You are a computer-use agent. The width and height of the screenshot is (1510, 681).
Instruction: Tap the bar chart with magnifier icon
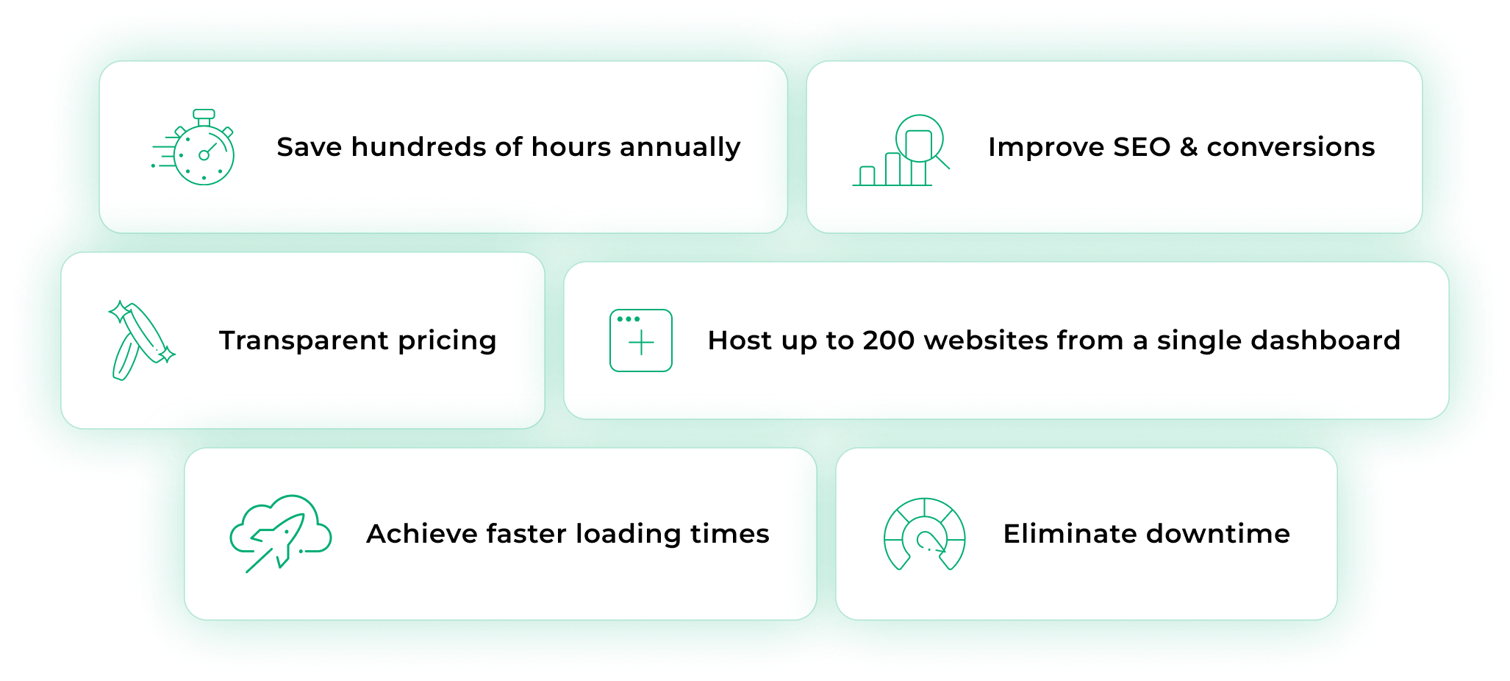pyautogui.click(x=901, y=151)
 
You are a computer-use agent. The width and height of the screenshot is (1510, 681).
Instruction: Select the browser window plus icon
pyautogui.click(x=641, y=340)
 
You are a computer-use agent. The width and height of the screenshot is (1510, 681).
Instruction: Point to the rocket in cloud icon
pyautogui.click(x=281, y=534)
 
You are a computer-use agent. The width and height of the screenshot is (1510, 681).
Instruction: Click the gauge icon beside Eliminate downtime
pyautogui.click(x=924, y=534)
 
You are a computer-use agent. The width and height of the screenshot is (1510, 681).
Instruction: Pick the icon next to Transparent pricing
pyautogui.click(x=142, y=340)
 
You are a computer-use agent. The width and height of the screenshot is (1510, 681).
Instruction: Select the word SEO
pyautogui.click(x=1142, y=147)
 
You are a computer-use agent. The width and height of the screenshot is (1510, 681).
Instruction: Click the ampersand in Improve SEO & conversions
pyautogui.click(x=1189, y=147)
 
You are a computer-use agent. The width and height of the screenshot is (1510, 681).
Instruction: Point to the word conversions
pyautogui.click(x=1291, y=148)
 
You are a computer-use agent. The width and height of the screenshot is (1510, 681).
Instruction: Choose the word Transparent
pyautogui.click(x=304, y=340)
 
